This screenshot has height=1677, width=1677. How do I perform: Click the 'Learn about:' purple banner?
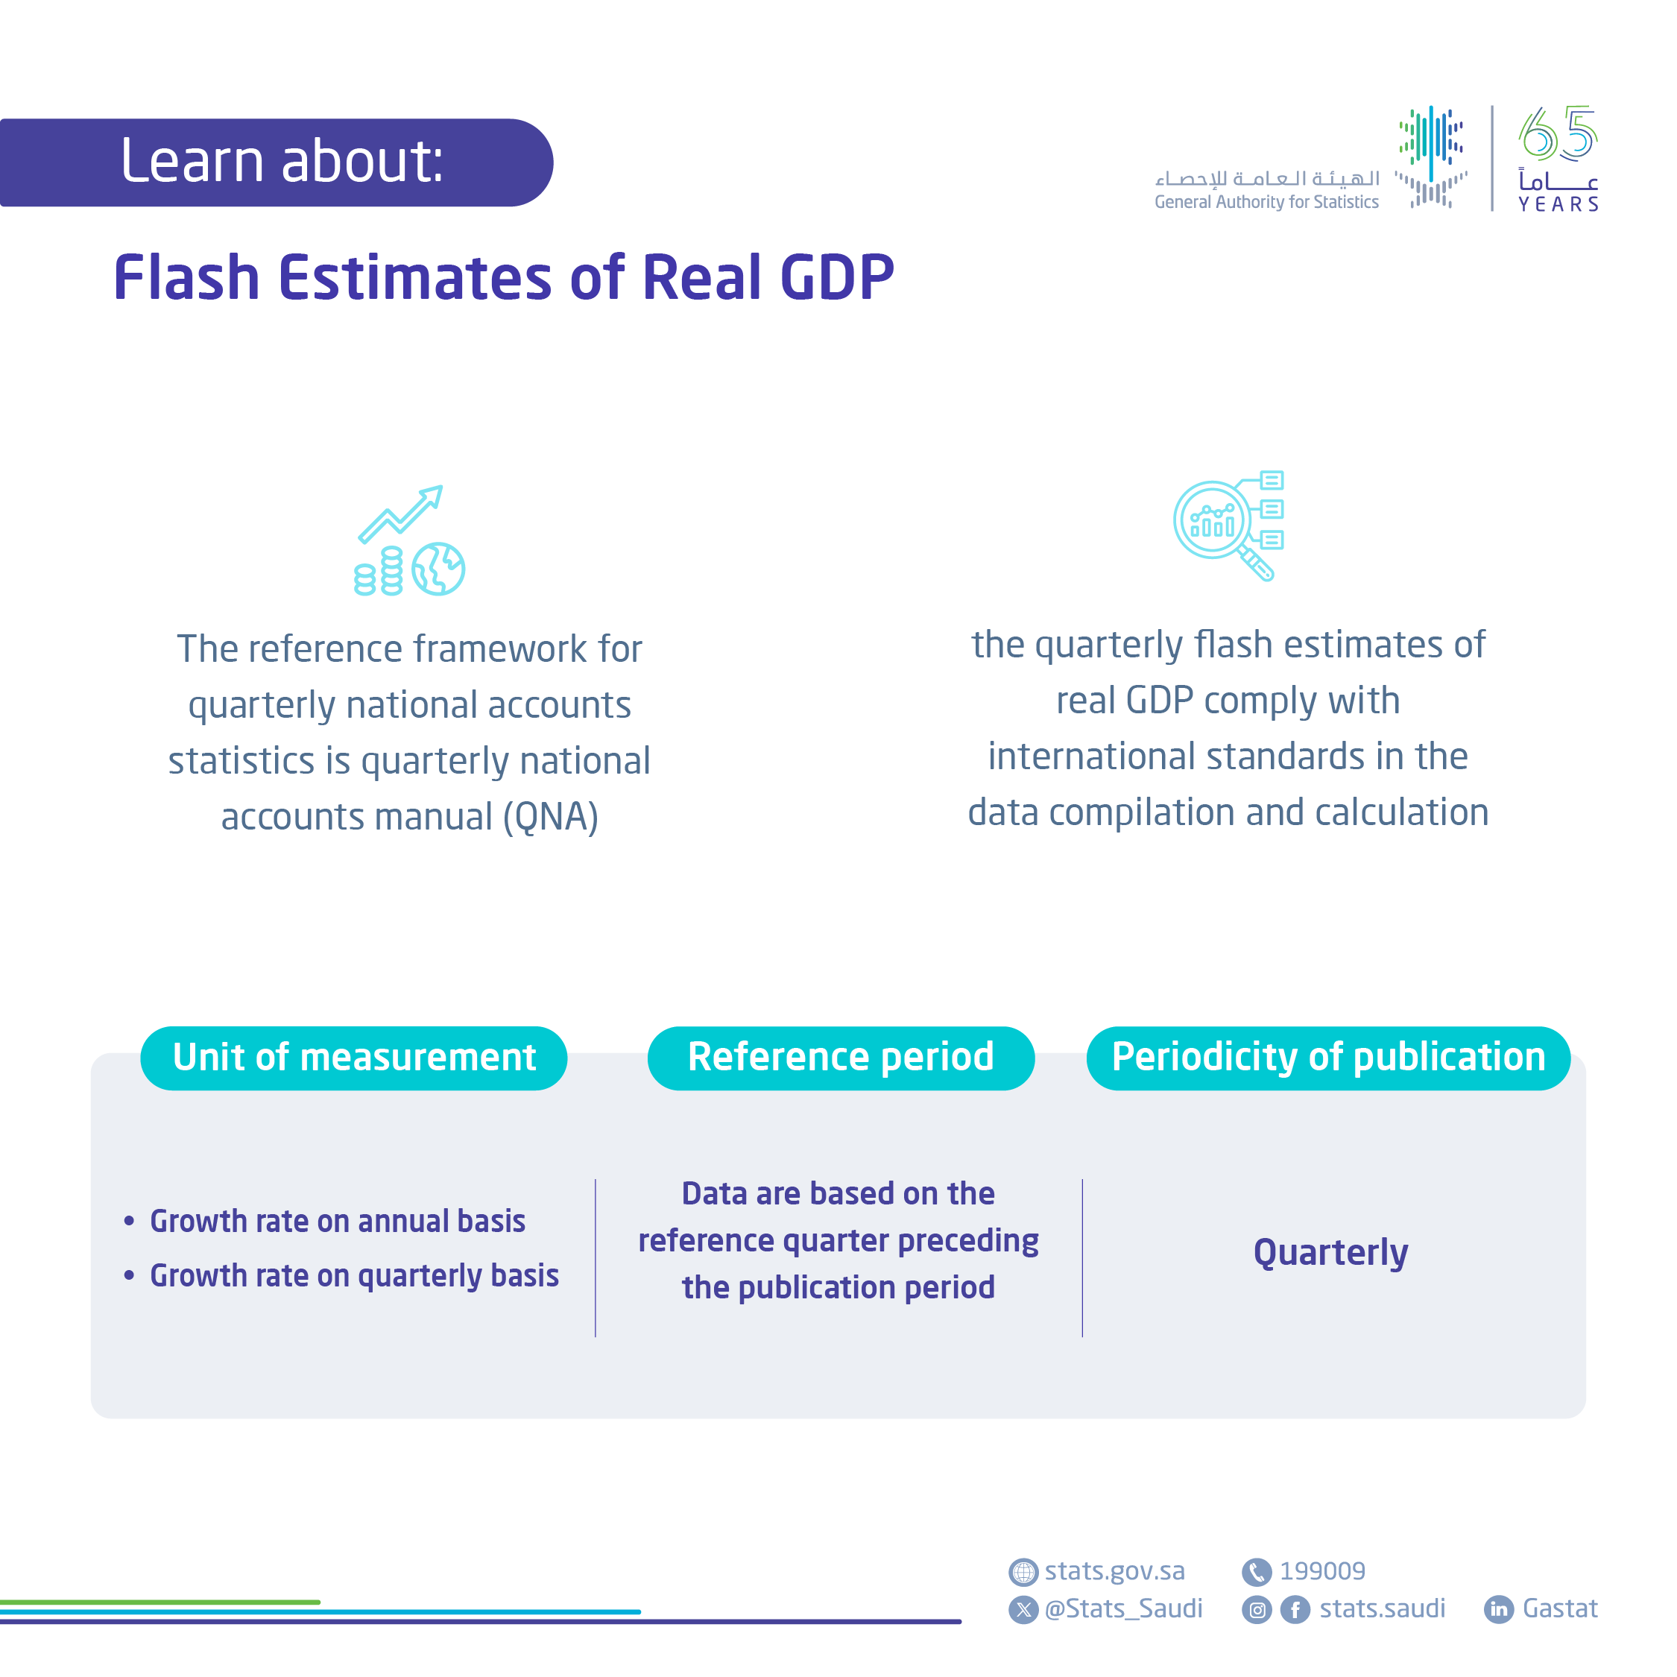point(276,162)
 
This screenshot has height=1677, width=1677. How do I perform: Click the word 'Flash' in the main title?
point(186,278)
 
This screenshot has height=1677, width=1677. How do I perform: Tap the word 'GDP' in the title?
point(837,278)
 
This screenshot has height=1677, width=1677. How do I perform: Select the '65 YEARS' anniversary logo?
point(1557,158)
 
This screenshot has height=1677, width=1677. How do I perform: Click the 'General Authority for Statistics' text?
point(1266,202)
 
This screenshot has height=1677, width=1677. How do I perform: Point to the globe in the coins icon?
point(438,569)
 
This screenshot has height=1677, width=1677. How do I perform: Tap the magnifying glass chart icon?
point(1225,525)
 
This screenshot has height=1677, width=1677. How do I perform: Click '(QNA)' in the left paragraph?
point(552,817)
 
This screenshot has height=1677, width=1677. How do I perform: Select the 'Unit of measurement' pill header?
point(354,1057)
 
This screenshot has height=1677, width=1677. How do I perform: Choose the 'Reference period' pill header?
point(840,1057)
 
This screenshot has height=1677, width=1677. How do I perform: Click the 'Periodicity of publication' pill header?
point(1328,1057)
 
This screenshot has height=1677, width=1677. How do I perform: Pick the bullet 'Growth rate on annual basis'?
point(337,1222)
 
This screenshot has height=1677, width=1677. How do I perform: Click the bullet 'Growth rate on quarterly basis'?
point(354,1275)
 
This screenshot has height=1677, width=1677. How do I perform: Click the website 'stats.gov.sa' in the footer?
point(1114,1571)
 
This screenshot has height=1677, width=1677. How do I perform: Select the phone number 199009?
point(1322,1571)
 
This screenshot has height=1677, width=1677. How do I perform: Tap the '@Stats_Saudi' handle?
point(1123,1608)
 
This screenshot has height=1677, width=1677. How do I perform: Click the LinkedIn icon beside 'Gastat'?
point(1498,1609)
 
